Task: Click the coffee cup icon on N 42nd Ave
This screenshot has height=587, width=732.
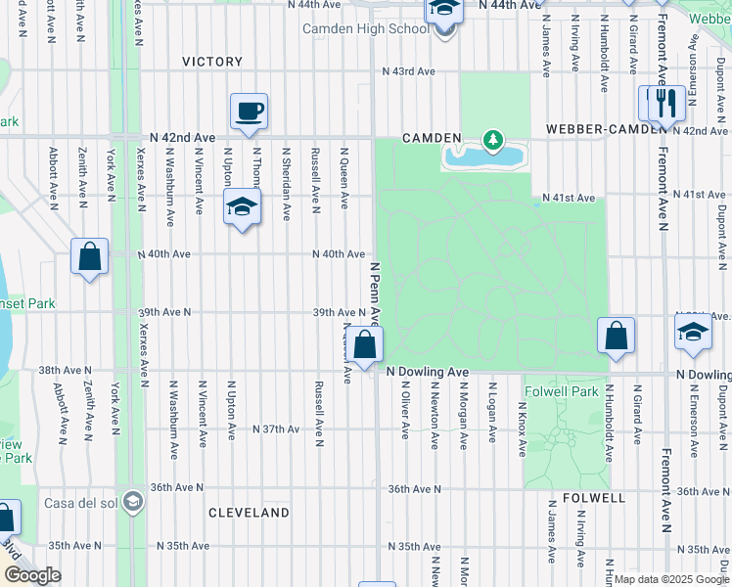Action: point(249,111)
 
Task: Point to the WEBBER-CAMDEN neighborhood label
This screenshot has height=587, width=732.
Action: point(598,129)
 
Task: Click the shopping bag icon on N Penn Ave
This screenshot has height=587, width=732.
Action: point(365,345)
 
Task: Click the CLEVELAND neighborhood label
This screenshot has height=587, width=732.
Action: point(249,513)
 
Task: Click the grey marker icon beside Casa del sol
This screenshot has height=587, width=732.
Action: point(133,503)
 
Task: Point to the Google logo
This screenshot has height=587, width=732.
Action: point(32,575)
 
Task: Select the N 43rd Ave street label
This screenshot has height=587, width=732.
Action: point(408,71)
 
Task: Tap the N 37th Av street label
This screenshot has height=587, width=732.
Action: point(275,429)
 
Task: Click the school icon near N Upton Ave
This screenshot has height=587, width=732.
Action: point(241,206)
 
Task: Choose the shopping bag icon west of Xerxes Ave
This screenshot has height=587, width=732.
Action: point(89,258)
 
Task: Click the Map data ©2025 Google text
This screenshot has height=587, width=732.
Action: point(670,579)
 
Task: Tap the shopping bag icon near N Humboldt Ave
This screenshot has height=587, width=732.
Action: point(617,336)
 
